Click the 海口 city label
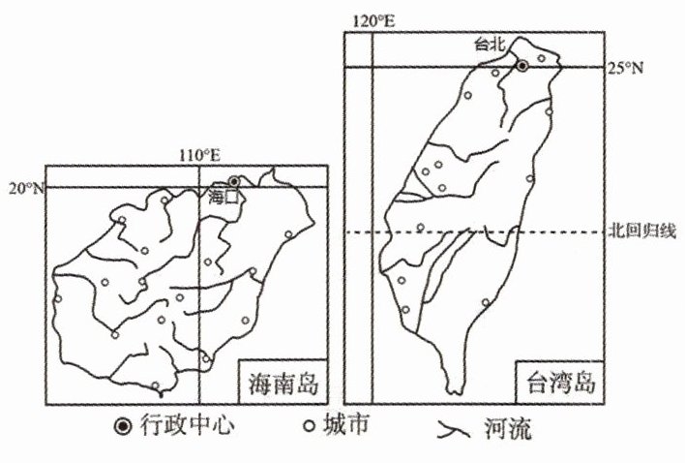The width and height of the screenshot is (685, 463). click(223, 195)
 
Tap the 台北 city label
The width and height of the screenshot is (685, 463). click(490, 44)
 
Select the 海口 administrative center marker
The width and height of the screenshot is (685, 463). click(234, 181)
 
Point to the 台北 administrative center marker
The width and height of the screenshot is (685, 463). click(522, 66)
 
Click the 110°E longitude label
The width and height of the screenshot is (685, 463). click(200, 154)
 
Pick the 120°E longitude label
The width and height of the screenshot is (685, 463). click(374, 20)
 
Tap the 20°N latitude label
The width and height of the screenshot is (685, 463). click(26, 188)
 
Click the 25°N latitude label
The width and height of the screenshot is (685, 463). click(624, 67)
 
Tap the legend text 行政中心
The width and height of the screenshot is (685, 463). click(185, 425)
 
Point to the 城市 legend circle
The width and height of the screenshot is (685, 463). click(311, 425)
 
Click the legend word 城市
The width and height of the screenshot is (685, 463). click(346, 425)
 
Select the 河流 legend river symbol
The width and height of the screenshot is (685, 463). click(449, 426)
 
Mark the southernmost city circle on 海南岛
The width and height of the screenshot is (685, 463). click(155, 386)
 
